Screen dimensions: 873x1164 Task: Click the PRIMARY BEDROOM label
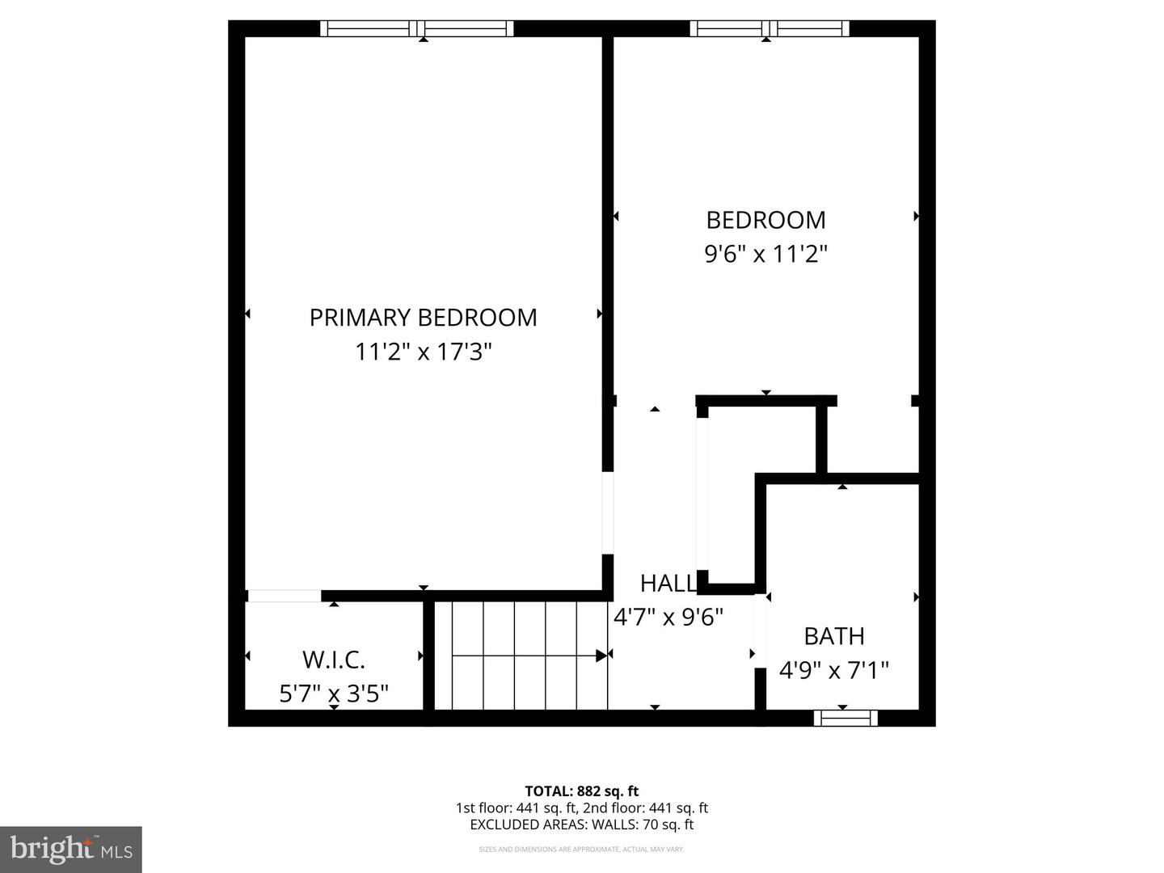pos(423,317)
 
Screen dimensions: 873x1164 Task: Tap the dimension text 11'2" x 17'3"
pos(423,352)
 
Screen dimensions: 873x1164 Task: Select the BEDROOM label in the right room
pos(765,220)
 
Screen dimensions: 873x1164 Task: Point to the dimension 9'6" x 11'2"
pos(765,255)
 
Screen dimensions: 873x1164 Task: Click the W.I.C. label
pos(334,660)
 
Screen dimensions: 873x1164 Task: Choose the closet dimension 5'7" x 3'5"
pos(334,694)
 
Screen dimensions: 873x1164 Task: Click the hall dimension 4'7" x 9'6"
pos(668,618)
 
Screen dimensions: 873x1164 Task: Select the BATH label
pos(833,636)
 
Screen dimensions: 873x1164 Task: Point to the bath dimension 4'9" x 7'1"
pos(833,670)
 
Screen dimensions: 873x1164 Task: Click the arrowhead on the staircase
pos(601,656)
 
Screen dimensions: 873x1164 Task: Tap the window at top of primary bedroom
pos(417,29)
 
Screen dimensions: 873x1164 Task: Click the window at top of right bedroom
pos(770,29)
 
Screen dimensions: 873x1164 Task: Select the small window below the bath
pos(846,718)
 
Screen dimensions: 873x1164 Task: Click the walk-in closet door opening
pos(284,597)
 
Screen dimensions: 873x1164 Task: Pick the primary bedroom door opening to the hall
pos(608,512)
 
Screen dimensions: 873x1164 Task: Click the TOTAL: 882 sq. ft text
pos(581,791)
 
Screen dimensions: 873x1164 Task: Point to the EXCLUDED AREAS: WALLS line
pos(581,824)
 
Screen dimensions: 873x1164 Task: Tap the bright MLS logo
pos(71,849)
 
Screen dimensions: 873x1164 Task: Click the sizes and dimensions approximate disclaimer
pos(581,850)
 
